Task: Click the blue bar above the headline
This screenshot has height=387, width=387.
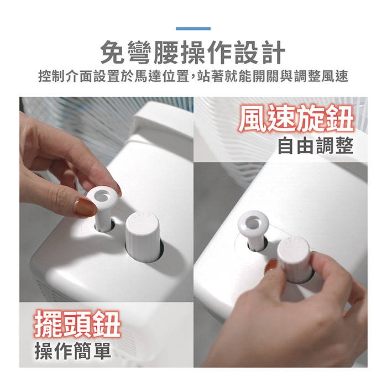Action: pos(193,29)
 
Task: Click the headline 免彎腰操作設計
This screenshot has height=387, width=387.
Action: pos(193,53)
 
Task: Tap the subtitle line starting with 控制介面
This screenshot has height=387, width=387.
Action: pos(193,76)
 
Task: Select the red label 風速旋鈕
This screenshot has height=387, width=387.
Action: pos(296,118)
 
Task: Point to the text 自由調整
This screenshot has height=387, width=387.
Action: pos(316,145)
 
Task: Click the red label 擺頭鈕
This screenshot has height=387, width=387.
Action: pos(77,324)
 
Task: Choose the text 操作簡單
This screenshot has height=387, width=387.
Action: pos(73,351)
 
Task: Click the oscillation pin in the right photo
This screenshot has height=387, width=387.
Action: pos(253,229)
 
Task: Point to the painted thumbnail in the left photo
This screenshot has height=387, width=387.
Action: pos(85,207)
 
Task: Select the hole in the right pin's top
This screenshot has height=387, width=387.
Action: pos(253,222)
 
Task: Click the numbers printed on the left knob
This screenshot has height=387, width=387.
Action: pos(142,215)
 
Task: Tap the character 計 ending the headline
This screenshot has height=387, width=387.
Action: pos(274,53)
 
